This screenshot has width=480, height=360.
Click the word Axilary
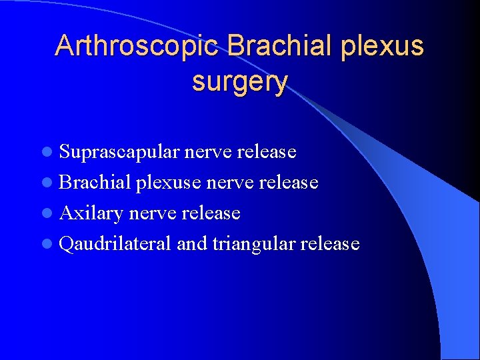(x=91, y=213)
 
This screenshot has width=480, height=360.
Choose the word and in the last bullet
(x=192, y=244)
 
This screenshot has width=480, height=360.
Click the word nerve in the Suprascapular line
(x=207, y=153)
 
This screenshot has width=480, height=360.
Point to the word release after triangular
(x=330, y=244)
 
